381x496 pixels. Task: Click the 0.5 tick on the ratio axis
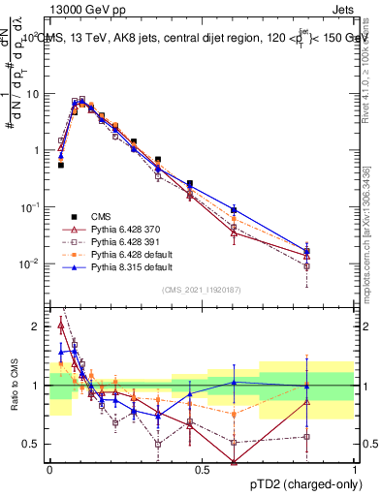tap(32, 445)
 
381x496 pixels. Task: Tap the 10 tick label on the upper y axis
tap(34, 94)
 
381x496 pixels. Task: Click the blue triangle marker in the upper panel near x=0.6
tap(234, 209)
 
